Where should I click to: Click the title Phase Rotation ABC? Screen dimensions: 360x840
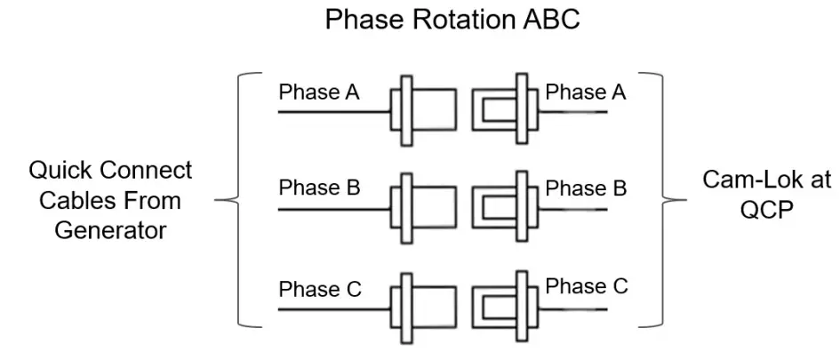[x=452, y=20]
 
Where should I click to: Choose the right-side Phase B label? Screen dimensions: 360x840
[x=586, y=188]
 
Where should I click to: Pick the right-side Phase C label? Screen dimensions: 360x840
[x=586, y=286]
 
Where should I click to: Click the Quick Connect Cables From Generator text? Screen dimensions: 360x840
[x=110, y=200]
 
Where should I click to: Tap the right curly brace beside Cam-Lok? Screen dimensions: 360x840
[x=668, y=200]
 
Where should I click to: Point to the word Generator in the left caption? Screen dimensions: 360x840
[x=110, y=230]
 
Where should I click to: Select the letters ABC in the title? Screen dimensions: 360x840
[x=548, y=20]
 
